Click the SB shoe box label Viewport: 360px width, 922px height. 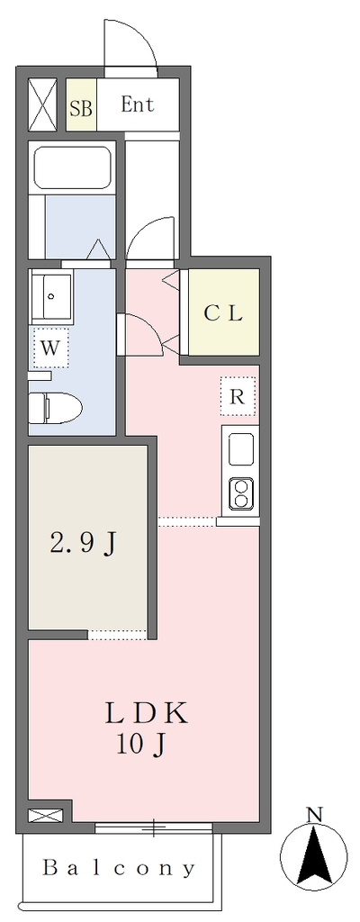81,108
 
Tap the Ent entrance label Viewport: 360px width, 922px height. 137,104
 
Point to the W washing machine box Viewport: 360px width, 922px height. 50,348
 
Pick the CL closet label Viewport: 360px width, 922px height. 223,313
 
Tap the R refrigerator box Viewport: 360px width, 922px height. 237,397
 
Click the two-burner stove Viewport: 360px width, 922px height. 240,493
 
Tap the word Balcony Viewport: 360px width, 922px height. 119,868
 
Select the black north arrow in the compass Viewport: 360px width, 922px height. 317,854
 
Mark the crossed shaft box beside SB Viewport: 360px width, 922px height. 43,104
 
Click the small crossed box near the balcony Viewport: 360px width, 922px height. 45,816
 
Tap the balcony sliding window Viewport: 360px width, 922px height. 154,827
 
